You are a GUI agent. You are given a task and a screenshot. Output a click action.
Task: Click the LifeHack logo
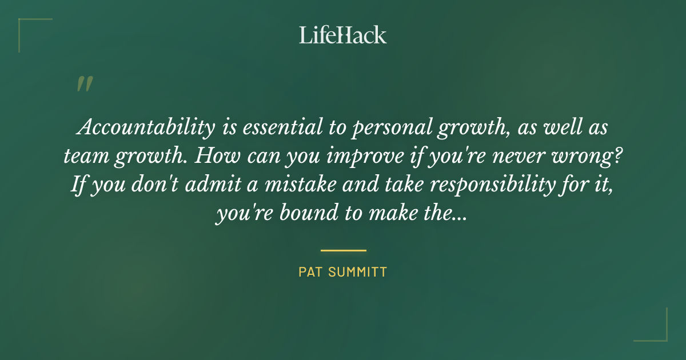(x=343, y=35)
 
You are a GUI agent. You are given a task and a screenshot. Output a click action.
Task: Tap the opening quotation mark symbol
(x=84, y=85)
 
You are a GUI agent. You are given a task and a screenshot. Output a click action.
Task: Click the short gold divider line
(x=343, y=250)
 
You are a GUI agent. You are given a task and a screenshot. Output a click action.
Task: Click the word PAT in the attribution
(x=309, y=272)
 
